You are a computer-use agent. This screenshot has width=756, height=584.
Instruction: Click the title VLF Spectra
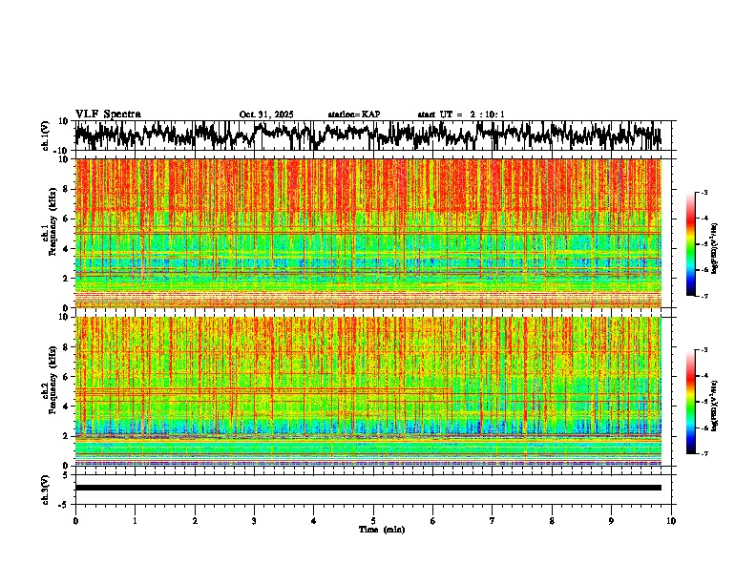click(108, 115)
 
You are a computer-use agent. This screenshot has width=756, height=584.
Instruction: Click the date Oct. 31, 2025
click(265, 115)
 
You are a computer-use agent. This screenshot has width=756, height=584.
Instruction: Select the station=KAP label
click(353, 115)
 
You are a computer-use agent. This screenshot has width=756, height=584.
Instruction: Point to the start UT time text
click(460, 115)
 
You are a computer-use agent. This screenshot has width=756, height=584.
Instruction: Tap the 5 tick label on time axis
click(373, 520)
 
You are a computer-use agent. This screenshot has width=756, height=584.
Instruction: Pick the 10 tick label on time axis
click(671, 520)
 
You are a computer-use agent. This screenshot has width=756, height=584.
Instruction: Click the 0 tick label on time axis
click(75, 520)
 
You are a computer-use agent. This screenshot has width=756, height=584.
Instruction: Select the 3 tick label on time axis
click(254, 520)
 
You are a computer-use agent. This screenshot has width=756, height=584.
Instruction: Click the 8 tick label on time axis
click(552, 520)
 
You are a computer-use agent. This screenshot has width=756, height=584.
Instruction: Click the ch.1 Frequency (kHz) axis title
click(49, 234)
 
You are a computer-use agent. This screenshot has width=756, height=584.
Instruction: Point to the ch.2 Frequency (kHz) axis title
click(49, 391)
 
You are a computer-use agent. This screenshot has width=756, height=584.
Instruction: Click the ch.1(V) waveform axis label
click(45, 136)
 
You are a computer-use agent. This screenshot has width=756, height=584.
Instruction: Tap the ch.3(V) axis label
click(45, 488)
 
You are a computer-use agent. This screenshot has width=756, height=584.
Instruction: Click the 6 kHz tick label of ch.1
click(67, 219)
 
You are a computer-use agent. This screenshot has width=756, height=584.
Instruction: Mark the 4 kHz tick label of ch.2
click(67, 406)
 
